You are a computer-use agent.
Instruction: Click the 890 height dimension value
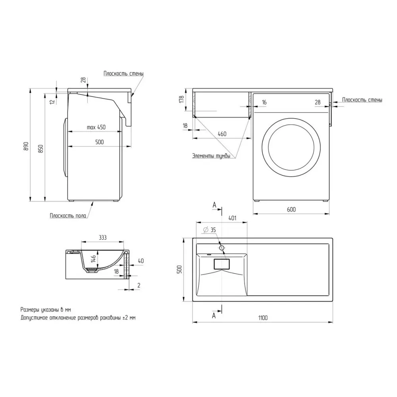[x=26, y=146]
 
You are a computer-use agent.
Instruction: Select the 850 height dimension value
[x=41, y=149]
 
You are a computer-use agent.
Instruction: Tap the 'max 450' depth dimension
[x=96, y=127]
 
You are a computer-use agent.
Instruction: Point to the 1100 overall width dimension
[x=263, y=318]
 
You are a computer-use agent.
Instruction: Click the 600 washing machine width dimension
[x=291, y=209]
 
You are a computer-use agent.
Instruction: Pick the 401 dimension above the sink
[x=232, y=218]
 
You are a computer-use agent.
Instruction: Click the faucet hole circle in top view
[x=222, y=248]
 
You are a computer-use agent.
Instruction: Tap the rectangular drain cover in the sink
[x=222, y=264]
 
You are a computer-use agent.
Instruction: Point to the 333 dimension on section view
[x=102, y=237]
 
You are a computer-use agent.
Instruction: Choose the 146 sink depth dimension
[x=93, y=258]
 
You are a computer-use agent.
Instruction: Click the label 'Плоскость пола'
[x=68, y=216]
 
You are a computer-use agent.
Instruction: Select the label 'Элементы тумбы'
[x=211, y=156]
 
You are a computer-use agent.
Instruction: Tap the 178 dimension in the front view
[x=181, y=99]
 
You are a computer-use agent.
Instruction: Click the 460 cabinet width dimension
[x=222, y=134]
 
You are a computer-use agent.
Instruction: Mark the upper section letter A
[x=214, y=205]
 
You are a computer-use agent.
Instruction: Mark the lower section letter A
[x=214, y=316]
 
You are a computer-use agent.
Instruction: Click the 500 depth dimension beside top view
[x=179, y=270]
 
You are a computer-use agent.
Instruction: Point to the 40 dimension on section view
[x=141, y=261]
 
